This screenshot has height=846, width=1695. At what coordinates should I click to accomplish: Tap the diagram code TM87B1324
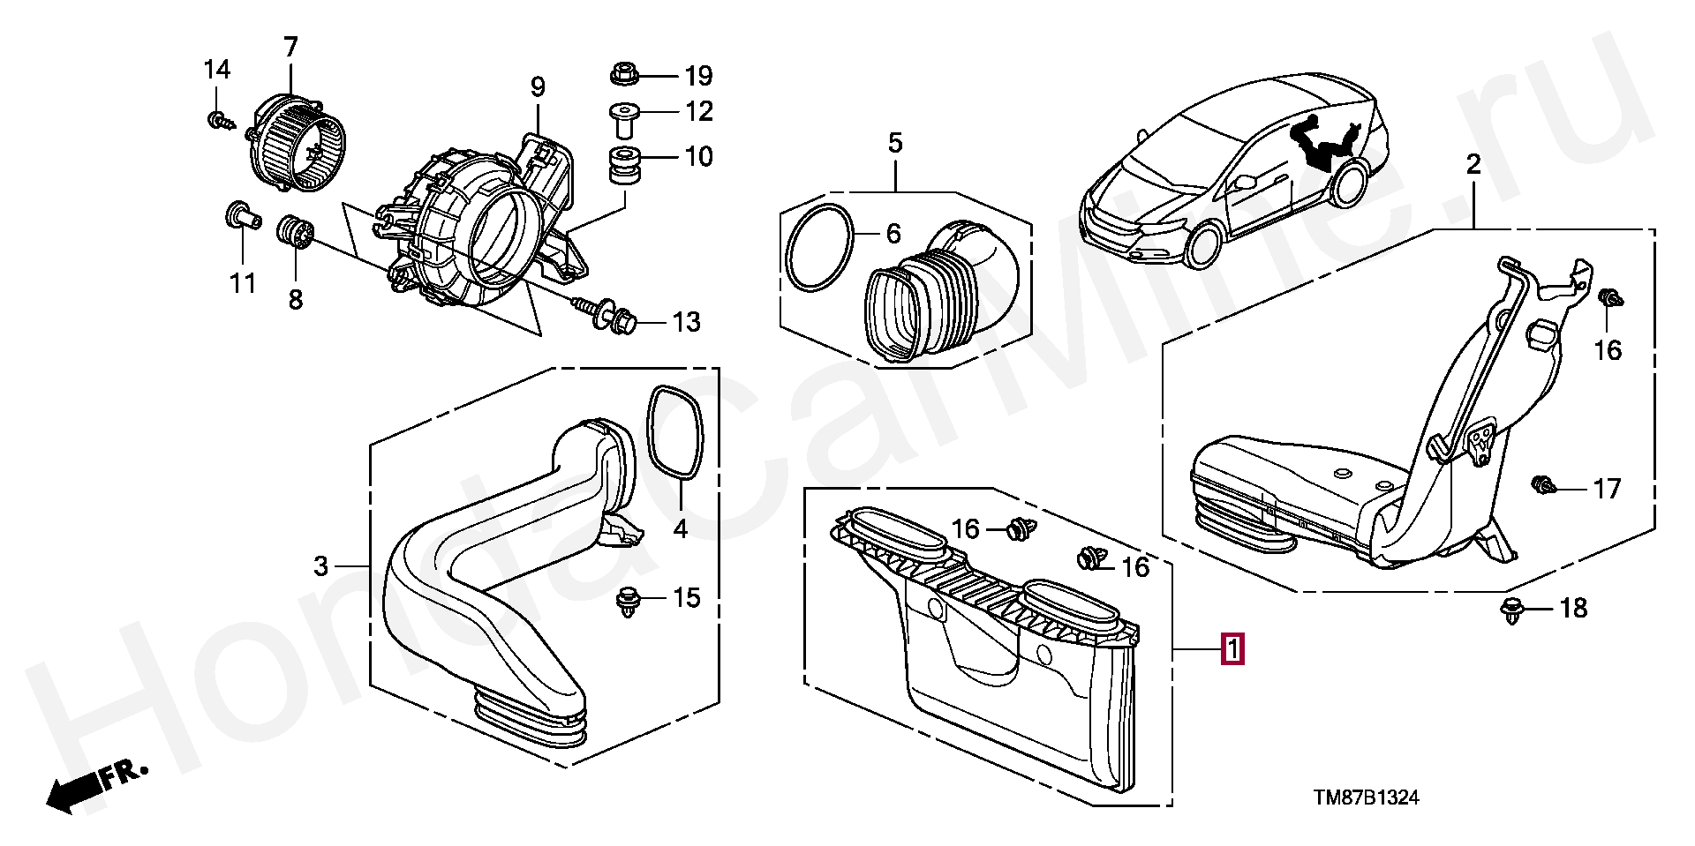1366,797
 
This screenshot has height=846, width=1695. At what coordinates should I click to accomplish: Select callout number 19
698,76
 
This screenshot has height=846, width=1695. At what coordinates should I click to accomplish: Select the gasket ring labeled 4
676,432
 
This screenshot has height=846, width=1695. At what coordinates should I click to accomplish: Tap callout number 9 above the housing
538,87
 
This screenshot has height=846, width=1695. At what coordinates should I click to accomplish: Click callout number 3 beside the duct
320,565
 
